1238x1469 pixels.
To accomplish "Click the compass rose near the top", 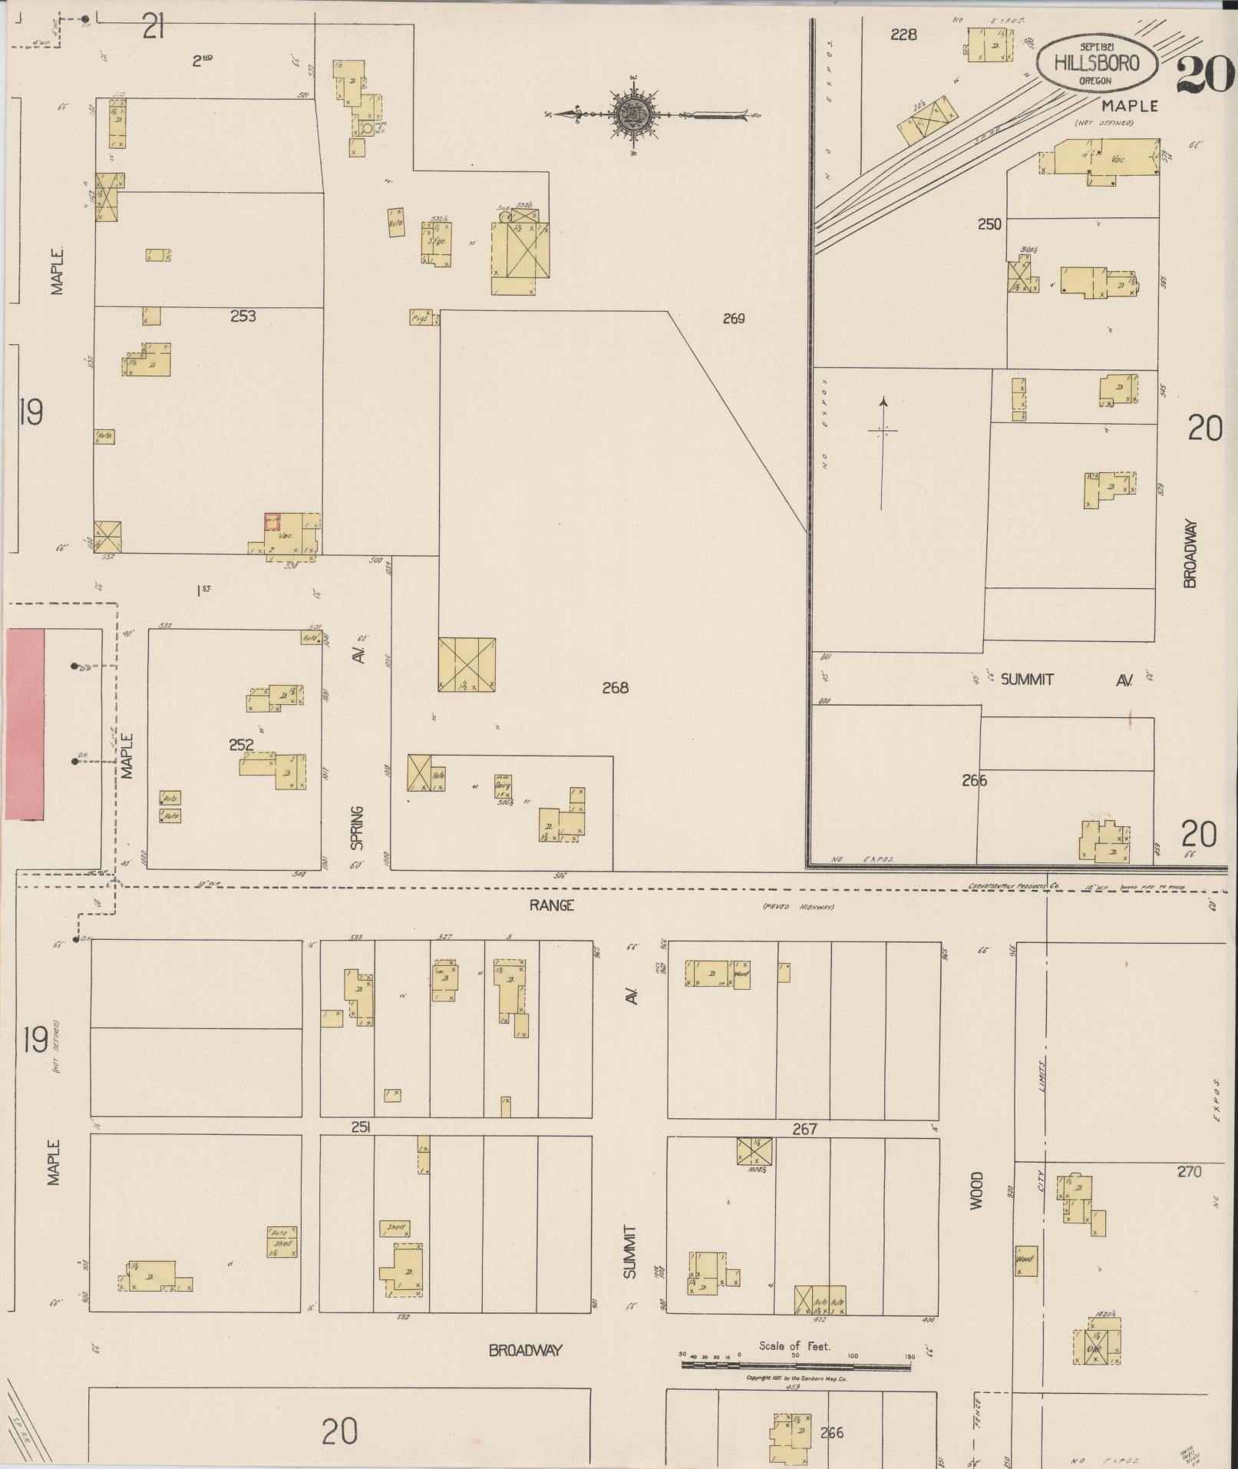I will [x=634, y=115].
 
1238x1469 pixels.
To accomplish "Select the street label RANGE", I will [x=551, y=905].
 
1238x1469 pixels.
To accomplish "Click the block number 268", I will [x=615, y=688].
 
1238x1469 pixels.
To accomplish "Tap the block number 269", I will [x=734, y=318].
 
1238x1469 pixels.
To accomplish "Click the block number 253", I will [x=243, y=315].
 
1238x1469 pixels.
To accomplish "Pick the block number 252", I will [x=241, y=745].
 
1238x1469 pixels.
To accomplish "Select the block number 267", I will [x=804, y=1129].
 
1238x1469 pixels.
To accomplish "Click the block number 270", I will [x=1190, y=1172].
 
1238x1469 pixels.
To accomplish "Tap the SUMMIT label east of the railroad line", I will [x=1027, y=679].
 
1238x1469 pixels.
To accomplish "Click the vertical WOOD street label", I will [x=976, y=1191].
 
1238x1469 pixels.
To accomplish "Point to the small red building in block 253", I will [x=272, y=521].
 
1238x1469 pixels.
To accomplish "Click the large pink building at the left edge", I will [x=25, y=724].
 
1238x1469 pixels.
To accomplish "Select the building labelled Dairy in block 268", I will [x=503, y=786].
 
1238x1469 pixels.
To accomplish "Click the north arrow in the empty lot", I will [x=883, y=453].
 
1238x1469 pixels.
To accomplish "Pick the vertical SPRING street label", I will [x=357, y=829].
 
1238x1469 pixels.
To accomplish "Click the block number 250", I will [x=989, y=224].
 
